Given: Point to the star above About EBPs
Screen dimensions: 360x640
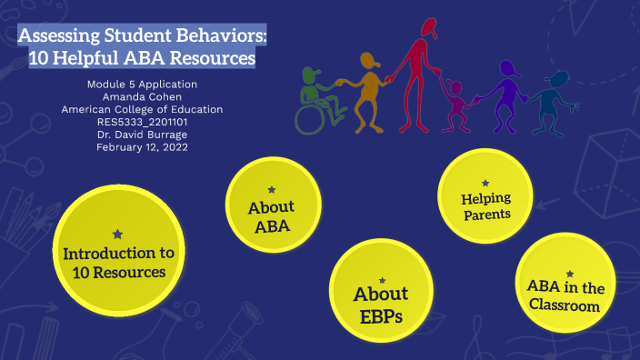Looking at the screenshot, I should point(382,280).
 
